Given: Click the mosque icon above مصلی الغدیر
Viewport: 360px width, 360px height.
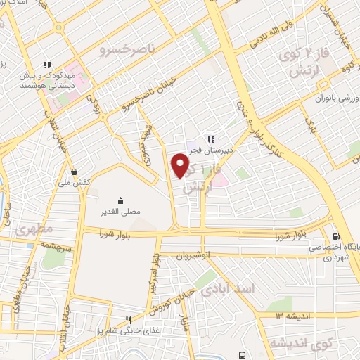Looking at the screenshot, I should click(x=120, y=200).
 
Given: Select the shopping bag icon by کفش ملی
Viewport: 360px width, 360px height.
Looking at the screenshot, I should click(x=75, y=171).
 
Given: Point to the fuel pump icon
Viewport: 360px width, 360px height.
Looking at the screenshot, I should click(x=336, y=236).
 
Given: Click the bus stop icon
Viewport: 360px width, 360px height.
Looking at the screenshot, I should click(x=243, y=354).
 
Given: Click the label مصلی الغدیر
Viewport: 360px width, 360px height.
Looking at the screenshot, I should click(x=120, y=210).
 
